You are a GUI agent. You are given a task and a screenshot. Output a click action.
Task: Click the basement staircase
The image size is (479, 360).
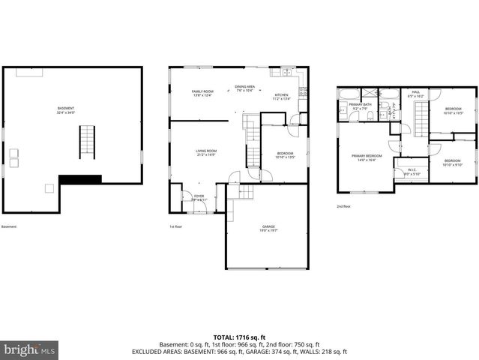pyautogui.click(x=88, y=141)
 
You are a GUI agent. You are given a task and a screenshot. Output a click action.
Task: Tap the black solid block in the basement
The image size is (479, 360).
pyautogui.click(x=80, y=178)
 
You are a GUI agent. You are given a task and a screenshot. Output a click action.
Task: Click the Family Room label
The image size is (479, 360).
pyautogui.click(x=203, y=93)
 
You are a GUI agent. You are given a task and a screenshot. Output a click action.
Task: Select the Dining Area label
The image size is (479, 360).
pyautogui.click(x=244, y=88)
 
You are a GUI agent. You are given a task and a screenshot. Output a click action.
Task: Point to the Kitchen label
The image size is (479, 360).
pyautogui.click(x=281, y=96)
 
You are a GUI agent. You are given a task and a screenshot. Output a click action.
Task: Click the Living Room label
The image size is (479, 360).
pyautogui.click(x=206, y=152)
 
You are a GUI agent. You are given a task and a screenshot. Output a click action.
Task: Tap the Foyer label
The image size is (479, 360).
pyautogui.click(x=199, y=199)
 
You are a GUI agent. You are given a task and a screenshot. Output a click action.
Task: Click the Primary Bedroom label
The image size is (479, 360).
pyautogui.click(x=366, y=157)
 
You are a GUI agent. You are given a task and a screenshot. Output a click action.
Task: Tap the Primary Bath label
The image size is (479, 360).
pyautogui.click(x=360, y=106)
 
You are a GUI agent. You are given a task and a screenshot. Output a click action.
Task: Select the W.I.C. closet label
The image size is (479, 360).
pyautogui.click(x=412, y=171)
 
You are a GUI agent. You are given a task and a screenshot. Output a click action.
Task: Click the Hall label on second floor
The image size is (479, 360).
pyautogui.click(x=416, y=95)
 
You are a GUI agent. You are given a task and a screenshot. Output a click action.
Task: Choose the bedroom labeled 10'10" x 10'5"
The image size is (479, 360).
pyautogui.click(x=453, y=112)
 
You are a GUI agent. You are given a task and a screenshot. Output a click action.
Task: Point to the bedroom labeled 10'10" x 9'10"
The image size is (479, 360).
pyautogui.click(x=453, y=163)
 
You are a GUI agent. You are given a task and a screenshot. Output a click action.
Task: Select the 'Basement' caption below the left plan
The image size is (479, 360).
pyautogui.click(x=9, y=226)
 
